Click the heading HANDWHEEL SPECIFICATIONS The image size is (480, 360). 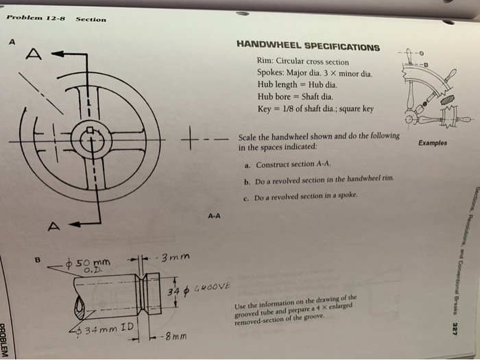pos(308,47)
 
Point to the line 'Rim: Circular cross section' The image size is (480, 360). pos(303,61)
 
